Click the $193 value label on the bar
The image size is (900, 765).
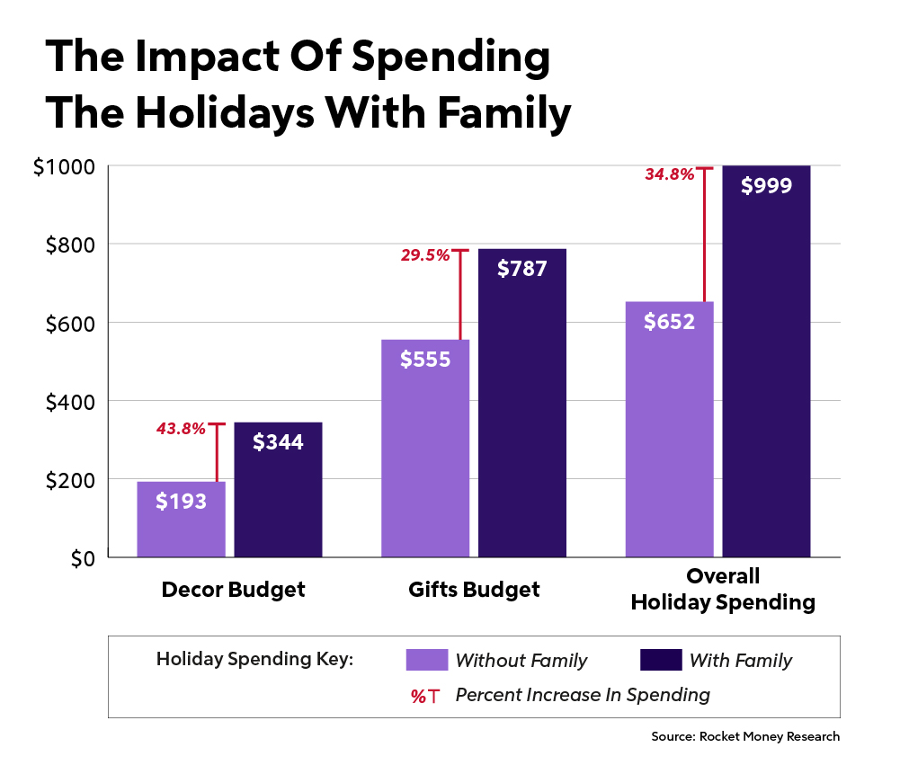pos(181,502)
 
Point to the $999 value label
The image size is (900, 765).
pos(766,186)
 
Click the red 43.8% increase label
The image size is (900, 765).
pos(181,430)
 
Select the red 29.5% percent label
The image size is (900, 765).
pos(425,256)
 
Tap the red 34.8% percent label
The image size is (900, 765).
pos(669,174)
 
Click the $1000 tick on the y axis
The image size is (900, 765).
pos(64,167)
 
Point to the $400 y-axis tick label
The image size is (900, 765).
pos(69,402)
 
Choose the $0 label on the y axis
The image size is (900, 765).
pos(83,558)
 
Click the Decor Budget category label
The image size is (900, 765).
pos(233,590)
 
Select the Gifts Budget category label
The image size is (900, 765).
pos(474,590)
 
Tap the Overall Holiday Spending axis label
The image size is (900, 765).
pos(723,590)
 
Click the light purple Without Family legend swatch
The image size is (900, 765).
pos(426,660)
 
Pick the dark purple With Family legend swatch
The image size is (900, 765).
pos(660,660)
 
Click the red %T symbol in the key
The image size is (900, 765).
pos(424,696)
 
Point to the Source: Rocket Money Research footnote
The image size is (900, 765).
pos(745,736)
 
